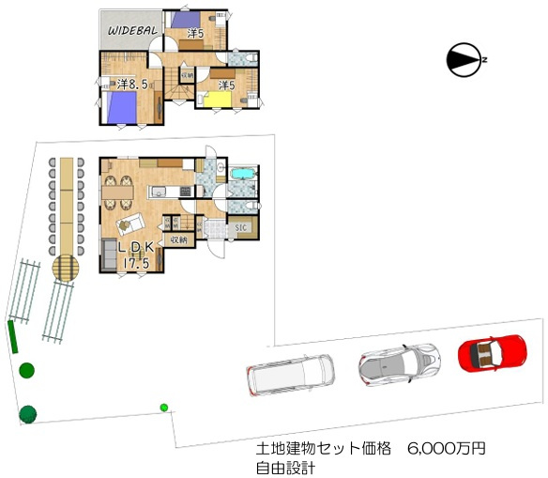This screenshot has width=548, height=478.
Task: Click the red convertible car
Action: [492, 353]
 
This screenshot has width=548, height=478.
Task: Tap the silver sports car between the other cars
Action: [398, 363]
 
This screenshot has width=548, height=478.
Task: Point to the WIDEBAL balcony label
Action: [131, 30]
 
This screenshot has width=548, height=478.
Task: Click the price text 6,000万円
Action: [447, 450]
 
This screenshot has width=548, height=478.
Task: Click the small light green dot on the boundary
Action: [164, 407]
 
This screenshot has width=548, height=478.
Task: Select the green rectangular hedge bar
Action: [12, 336]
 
